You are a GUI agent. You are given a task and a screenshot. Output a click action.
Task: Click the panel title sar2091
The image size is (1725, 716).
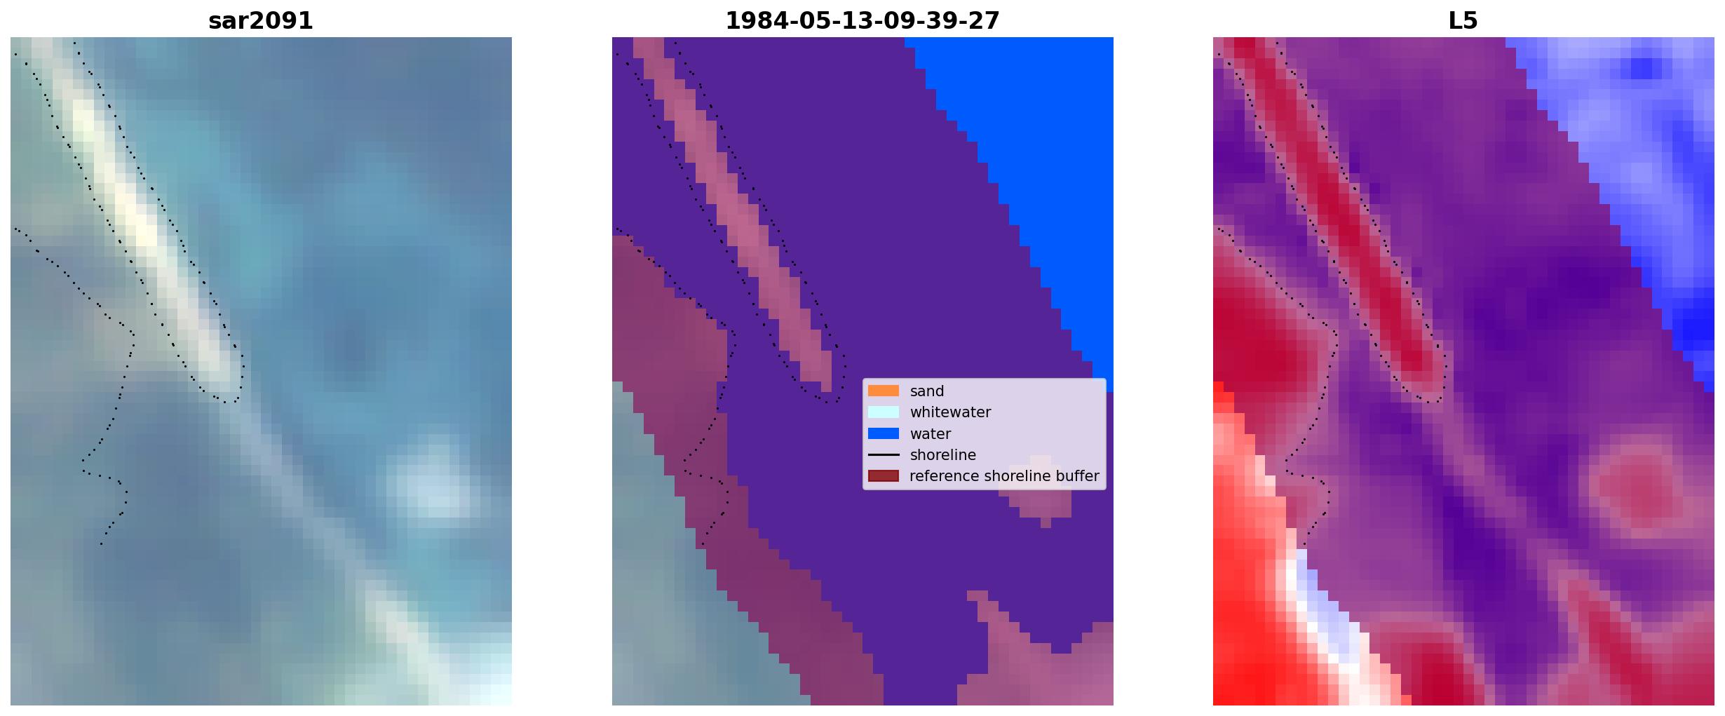click(260, 21)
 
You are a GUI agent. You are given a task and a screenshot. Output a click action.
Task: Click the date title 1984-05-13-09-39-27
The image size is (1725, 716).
click(862, 21)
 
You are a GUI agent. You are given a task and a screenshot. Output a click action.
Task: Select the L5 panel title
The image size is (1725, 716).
click(1463, 21)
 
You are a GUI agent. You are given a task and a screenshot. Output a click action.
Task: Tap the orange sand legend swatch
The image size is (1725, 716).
click(883, 391)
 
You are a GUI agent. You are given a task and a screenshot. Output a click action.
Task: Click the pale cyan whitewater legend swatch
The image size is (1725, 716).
click(883, 412)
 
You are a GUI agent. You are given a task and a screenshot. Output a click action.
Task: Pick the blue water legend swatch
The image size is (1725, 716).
click(883, 433)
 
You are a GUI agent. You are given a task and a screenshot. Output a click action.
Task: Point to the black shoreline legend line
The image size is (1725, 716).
click(883, 454)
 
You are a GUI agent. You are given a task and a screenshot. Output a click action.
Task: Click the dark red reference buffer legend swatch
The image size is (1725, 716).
click(883, 475)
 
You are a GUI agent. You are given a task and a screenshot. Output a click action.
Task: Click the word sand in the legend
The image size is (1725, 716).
click(926, 391)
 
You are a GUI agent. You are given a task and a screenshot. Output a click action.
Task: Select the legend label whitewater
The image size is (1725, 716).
click(950, 412)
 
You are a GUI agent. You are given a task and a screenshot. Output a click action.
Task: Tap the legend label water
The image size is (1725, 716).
click(930, 434)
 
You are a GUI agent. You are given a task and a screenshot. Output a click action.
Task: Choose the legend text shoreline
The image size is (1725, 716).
click(942, 455)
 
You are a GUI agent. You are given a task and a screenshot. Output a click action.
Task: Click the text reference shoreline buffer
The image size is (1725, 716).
click(1004, 476)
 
